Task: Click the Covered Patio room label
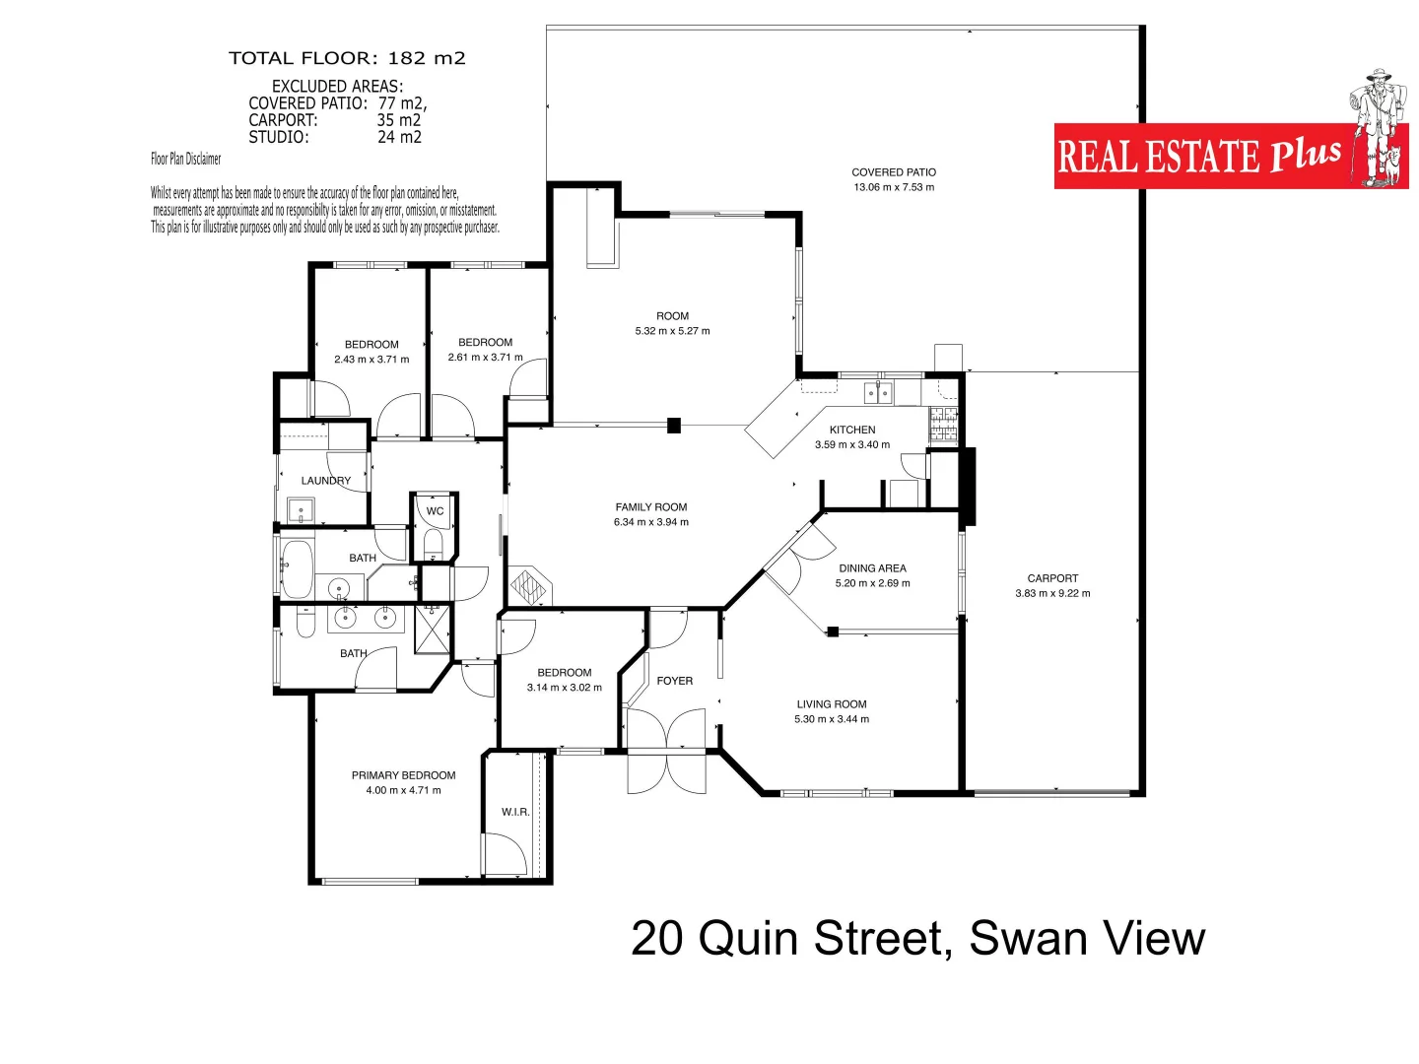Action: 894,172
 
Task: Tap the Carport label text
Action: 1052,578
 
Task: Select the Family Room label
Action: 651,507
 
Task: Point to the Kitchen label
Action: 852,430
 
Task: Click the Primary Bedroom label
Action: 403,775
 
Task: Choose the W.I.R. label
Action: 515,812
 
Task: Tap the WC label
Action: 435,511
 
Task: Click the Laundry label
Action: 326,481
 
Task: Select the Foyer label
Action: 675,681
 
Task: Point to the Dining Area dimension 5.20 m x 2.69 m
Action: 872,583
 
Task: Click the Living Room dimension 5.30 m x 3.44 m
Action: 832,719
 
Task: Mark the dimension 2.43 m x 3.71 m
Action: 372,360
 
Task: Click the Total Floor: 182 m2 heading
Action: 347,58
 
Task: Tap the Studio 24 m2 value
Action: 399,138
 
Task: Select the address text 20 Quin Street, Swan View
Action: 917,938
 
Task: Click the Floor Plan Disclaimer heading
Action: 186,159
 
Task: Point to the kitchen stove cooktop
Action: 943,424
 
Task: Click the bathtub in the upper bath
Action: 297,568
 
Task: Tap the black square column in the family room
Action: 674,426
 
